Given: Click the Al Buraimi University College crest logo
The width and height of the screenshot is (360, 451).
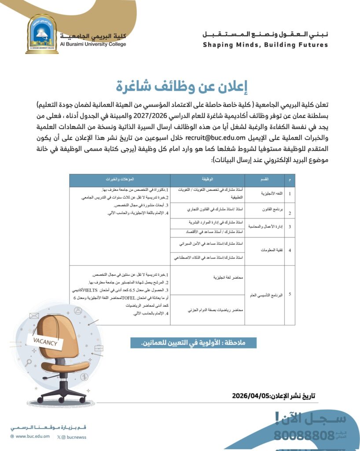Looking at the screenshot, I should pos(42,34).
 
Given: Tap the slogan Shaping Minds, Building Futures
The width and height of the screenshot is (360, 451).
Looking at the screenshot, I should pos(265,45).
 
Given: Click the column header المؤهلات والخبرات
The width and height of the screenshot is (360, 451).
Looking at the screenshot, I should pos(120,180).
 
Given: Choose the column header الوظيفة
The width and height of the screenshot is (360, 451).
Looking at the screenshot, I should pos(207,180).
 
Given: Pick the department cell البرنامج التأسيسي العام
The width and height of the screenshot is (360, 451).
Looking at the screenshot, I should pos(265,295).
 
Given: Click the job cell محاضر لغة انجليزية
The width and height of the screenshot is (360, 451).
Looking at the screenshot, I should pos(218,278).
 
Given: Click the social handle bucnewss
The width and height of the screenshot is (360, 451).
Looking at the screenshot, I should pos(73,436).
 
